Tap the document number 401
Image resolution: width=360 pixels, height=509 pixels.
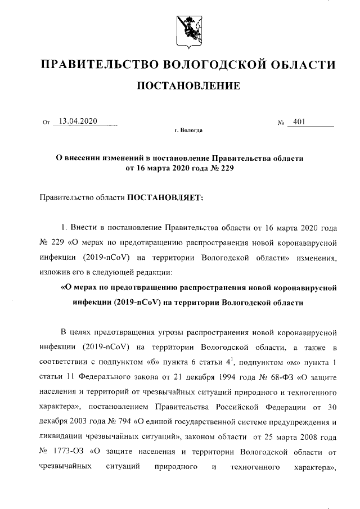[299, 121]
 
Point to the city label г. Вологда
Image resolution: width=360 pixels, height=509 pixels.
[188, 130]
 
